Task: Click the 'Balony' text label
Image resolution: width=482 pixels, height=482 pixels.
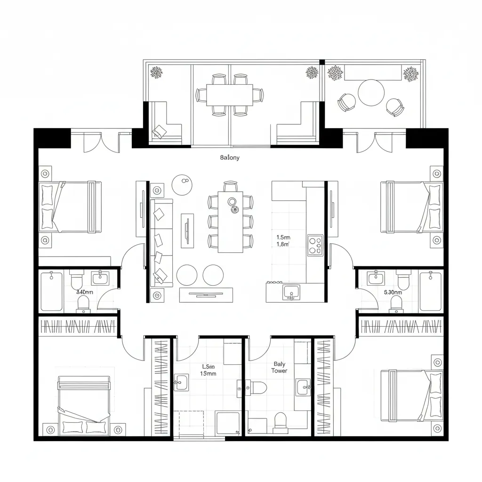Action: click(230, 158)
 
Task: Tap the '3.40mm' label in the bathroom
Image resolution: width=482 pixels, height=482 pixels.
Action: click(84, 292)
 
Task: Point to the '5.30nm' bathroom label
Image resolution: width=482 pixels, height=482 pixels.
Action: click(393, 292)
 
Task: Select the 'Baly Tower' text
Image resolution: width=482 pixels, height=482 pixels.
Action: click(279, 367)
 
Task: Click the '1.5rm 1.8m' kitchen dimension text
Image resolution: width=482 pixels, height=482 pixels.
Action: click(283, 241)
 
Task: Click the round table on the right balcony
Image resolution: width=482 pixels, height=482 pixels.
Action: click(371, 93)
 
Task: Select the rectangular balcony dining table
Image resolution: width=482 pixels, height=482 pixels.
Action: click(229, 95)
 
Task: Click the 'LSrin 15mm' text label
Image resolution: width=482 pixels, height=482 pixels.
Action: click(208, 370)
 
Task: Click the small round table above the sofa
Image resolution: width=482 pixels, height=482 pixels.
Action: click(182, 184)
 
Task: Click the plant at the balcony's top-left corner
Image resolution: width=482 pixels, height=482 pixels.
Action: click(156, 72)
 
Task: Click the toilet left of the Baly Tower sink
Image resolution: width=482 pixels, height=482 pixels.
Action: click(258, 387)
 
